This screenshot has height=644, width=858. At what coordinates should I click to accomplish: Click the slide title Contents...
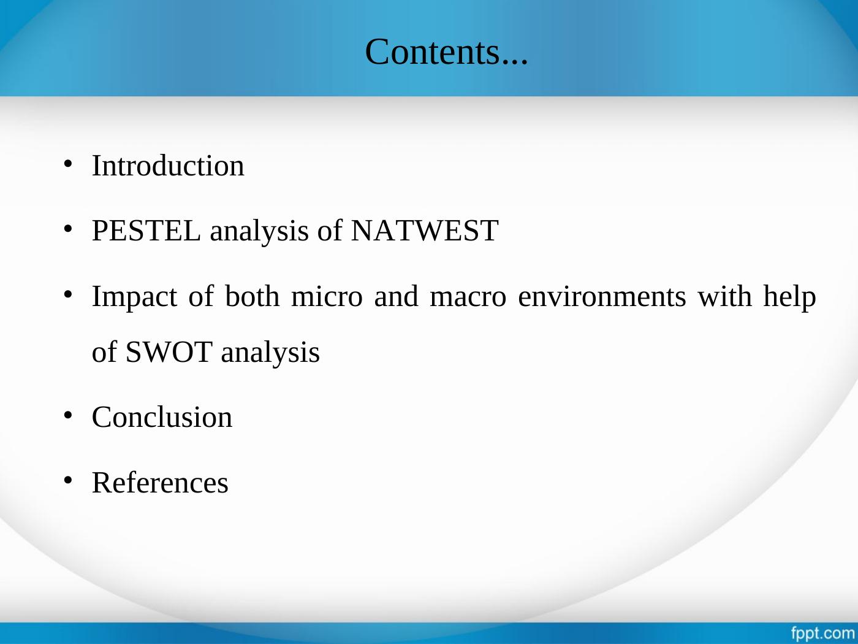tap(446, 52)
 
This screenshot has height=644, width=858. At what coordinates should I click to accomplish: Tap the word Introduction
tap(168, 166)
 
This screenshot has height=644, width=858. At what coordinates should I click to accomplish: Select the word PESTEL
tap(146, 231)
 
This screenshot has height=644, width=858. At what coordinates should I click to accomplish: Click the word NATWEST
tap(425, 231)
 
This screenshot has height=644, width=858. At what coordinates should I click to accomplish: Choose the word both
tap(252, 296)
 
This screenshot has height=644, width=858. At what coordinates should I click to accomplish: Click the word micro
tap(327, 296)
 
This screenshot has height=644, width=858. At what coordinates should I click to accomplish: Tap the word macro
tap(468, 297)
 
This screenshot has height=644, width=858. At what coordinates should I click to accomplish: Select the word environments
tap(602, 296)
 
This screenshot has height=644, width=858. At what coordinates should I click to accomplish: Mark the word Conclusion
tap(162, 417)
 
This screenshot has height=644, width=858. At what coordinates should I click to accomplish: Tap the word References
tap(160, 483)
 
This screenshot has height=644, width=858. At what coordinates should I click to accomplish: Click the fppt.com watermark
tap(823, 633)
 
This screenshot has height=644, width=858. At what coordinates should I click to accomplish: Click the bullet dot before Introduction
tap(68, 164)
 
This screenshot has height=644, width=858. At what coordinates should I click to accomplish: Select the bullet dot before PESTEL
tap(68, 229)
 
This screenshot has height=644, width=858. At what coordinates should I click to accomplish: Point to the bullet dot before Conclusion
tap(68, 415)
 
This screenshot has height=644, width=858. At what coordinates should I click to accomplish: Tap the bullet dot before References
tap(68, 480)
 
